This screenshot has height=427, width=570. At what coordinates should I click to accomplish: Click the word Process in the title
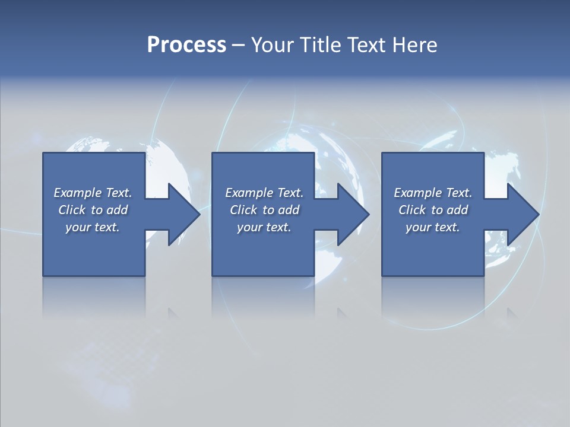[186, 45]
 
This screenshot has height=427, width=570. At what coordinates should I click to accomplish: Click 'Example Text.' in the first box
[93, 193]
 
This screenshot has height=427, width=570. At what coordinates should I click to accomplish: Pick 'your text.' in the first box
[93, 227]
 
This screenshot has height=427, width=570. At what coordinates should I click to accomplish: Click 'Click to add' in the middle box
[264, 210]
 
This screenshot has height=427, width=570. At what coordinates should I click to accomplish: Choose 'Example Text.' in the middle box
[264, 193]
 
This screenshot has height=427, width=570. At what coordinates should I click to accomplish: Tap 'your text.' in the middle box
[264, 227]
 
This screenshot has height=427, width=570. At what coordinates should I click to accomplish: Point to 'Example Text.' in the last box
[433, 193]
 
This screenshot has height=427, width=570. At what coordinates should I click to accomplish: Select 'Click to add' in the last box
[433, 210]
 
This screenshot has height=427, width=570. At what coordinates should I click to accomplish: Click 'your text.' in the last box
[433, 227]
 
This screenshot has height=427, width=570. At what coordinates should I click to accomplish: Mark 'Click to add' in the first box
[93, 210]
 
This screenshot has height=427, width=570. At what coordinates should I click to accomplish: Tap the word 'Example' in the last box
[418, 193]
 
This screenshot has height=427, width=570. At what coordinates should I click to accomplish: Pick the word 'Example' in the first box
[78, 193]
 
